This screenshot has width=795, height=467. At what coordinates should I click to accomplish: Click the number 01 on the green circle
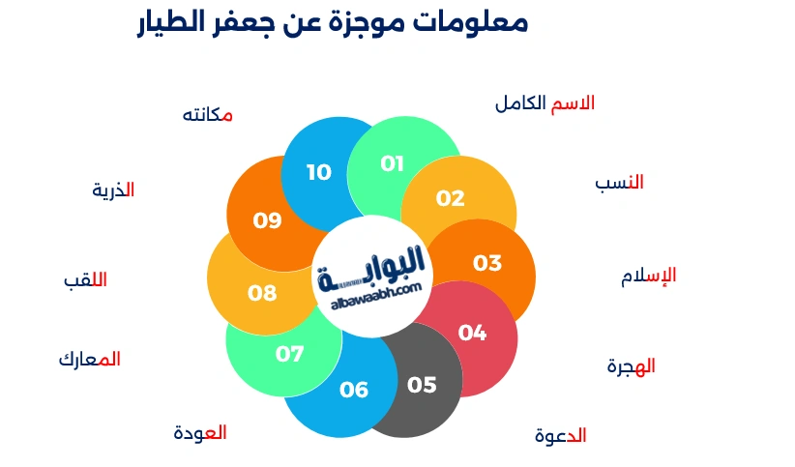point(392,163)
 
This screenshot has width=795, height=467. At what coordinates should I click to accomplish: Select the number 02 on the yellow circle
point(450,198)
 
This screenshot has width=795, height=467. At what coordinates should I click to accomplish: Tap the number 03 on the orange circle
point(487,263)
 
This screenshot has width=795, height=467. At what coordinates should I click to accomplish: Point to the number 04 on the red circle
point(472,333)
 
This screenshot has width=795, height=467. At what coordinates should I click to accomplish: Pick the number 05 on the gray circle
point(422,385)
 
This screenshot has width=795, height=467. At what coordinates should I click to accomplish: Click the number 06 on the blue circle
point(354,390)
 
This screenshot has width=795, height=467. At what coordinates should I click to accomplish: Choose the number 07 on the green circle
point(289,354)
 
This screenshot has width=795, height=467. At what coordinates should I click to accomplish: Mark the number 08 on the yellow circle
point(262,293)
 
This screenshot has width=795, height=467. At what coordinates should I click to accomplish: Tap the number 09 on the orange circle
point(267,220)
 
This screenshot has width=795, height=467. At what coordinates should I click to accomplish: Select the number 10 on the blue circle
point(319,172)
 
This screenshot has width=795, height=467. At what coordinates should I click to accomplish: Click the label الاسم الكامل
point(545,103)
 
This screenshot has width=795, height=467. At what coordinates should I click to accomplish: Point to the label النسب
point(619,182)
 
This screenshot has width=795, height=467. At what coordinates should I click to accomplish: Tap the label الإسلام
point(648,276)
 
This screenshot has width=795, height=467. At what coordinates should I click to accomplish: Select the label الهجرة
point(631,366)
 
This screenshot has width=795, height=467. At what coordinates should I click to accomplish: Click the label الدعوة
point(560,435)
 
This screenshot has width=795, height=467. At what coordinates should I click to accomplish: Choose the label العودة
point(200,432)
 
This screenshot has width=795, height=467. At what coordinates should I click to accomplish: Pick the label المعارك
point(89,359)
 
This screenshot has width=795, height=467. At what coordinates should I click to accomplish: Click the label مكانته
point(208,114)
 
